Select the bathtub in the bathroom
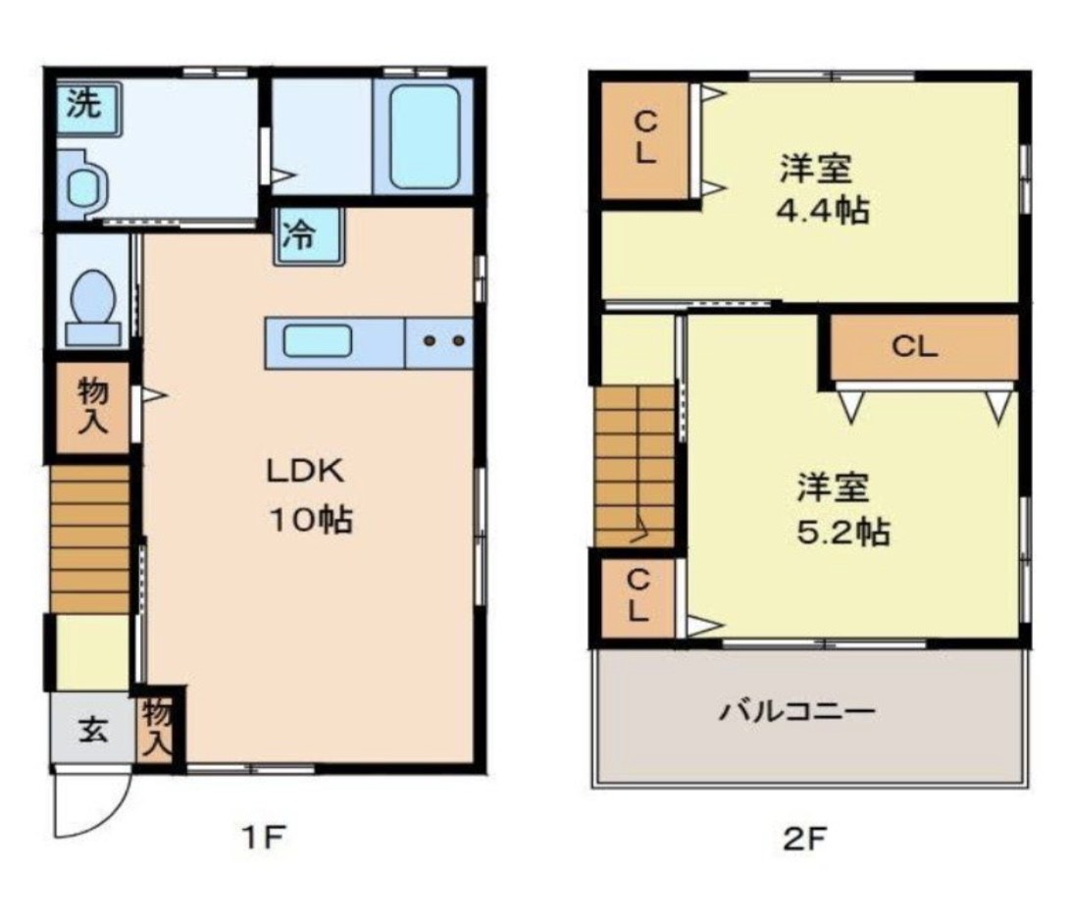[425, 136]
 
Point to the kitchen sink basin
[317, 342]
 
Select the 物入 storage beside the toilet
[92, 407]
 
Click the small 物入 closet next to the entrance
[157, 728]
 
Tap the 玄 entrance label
[93, 730]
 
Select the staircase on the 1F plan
[90, 539]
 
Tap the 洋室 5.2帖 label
[841, 508]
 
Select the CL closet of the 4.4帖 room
[644, 138]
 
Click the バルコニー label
[795, 711]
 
